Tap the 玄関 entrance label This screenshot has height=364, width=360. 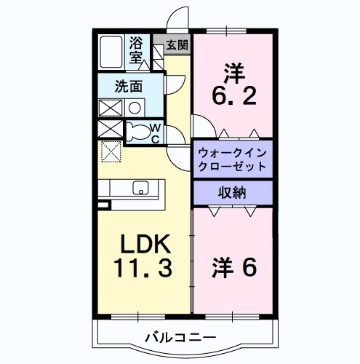click(177, 44)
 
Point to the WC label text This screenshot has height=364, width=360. click(155, 133)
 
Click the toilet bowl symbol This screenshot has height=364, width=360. click(137, 132)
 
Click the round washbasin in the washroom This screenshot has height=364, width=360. click(135, 107)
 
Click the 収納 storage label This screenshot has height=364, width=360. click(233, 192)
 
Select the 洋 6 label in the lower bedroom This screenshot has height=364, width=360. click(233, 269)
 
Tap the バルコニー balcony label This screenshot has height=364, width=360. click(180, 337)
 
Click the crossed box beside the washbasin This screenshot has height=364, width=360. click(111, 107)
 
